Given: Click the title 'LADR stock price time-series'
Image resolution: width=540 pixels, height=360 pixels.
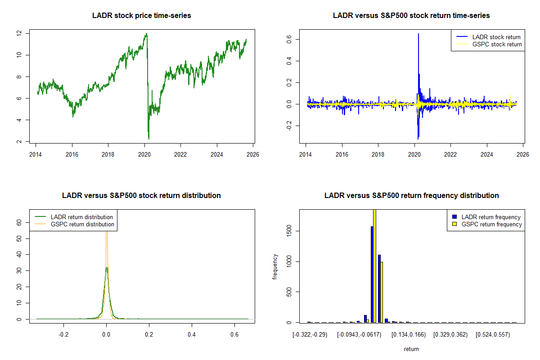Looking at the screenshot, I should [141, 16].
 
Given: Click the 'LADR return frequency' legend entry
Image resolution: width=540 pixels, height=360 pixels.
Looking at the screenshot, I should [491, 217].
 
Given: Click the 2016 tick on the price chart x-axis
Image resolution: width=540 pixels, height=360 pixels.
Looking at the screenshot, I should [72, 153].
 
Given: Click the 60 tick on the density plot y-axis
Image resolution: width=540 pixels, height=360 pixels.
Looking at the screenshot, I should [19, 222].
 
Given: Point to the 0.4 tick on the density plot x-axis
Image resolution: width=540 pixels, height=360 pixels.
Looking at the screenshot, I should [192, 335].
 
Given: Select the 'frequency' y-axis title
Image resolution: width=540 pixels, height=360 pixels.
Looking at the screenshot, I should [275, 266].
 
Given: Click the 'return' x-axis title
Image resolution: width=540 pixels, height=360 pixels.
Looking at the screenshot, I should [411, 349].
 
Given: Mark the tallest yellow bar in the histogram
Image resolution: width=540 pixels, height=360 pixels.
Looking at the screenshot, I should [374, 265].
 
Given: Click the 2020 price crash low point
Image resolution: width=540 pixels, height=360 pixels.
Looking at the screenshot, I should [148, 139].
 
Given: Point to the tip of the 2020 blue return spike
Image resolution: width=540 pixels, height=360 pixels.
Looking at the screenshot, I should [418, 34].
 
